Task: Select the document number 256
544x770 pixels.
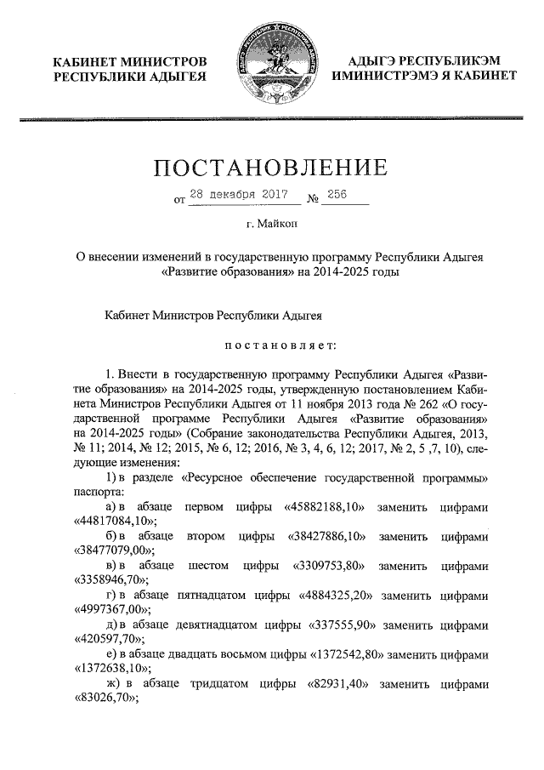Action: (x=337, y=196)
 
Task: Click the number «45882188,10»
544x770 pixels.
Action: (x=326, y=507)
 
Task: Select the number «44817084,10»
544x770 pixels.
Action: (x=110, y=522)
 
